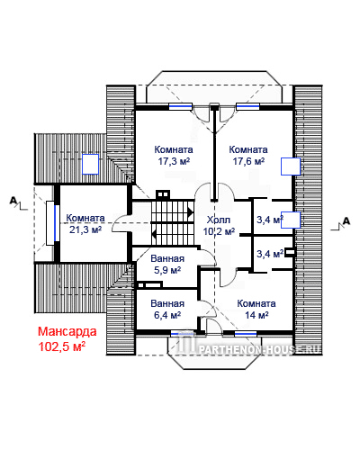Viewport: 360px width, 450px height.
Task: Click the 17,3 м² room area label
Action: point(174,161)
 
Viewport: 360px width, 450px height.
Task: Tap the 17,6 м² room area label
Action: point(248,161)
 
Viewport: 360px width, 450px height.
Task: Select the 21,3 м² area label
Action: point(85,229)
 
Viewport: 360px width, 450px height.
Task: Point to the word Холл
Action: point(219,220)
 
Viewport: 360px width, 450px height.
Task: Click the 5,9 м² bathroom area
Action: point(167,270)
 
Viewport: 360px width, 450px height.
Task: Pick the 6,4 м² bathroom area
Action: point(167,315)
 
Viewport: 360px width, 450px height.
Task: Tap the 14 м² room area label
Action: point(256,315)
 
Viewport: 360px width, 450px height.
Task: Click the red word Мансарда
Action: point(67,331)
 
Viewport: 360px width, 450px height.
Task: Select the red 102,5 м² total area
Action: point(62,346)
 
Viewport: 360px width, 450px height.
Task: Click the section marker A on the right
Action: point(346,221)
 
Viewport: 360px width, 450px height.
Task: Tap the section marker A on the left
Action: point(13,200)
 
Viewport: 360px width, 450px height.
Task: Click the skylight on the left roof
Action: point(90,164)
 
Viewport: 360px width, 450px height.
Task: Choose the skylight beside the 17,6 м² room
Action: point(291,166)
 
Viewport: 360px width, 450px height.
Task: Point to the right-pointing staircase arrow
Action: point(190,212)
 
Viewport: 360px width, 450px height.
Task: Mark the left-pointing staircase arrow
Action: point(154,234)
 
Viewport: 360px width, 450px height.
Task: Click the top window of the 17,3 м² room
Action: point(180,106)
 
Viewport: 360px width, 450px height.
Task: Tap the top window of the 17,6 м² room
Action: point(247,106)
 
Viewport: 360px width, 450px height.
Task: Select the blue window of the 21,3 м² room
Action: point(56,223)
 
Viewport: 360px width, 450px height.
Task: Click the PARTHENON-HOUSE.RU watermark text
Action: point(260,349)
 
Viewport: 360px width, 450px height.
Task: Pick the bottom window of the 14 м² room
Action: point(246,334)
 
